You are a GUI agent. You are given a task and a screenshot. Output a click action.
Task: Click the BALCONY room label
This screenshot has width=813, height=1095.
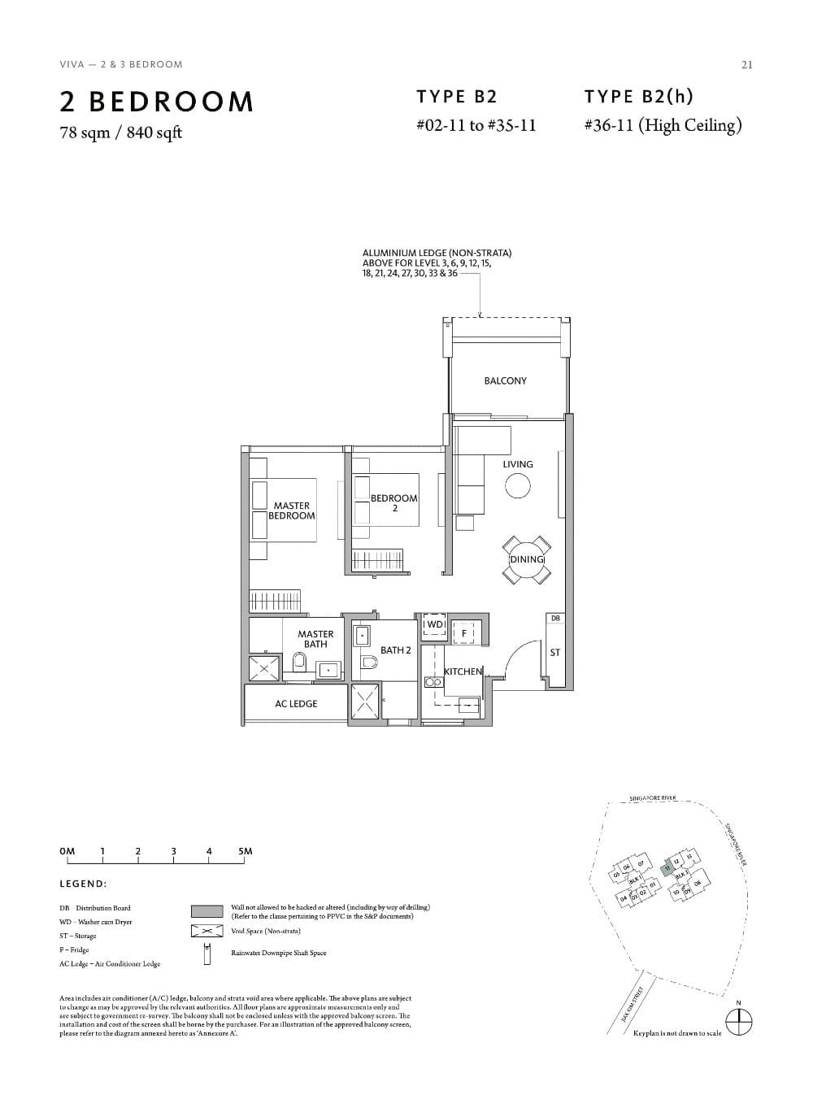click(505, 380)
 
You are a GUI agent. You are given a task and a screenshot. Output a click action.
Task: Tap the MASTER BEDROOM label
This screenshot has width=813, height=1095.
click(291, 511)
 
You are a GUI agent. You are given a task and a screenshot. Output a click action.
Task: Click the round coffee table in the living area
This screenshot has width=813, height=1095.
click(518, 486)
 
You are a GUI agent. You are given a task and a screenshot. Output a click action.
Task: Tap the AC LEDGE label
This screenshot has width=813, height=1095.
click(296, 704)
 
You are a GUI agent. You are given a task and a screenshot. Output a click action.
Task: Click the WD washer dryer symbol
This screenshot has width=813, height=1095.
click(434, 625)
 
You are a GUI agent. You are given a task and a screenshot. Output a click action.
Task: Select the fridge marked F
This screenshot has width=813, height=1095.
click(464, 632)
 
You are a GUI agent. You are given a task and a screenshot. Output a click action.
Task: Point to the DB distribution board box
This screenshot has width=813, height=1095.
click(555, 619)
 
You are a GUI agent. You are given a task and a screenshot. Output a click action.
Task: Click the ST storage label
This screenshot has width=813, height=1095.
click(555, 653)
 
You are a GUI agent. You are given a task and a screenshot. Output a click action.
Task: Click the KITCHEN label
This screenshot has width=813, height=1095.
click(463, 671)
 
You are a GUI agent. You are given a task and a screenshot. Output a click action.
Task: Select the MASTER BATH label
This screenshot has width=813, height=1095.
click(315, 639)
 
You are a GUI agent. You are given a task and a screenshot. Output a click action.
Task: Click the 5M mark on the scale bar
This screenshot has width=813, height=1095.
click(246, 852)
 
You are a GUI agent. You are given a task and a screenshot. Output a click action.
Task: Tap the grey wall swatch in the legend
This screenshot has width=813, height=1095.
click(207, 911)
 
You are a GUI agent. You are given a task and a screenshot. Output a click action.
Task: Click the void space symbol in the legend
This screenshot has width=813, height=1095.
click(207, 931)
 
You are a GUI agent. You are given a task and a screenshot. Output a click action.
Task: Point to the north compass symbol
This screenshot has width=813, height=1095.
click(738, 1021)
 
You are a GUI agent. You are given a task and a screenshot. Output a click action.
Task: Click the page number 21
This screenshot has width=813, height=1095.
click(746, 65)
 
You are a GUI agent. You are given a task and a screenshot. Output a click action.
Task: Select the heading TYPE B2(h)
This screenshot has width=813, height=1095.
click(638, 97)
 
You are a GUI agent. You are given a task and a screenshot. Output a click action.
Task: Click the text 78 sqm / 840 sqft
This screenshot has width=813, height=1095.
click(120, 133)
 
